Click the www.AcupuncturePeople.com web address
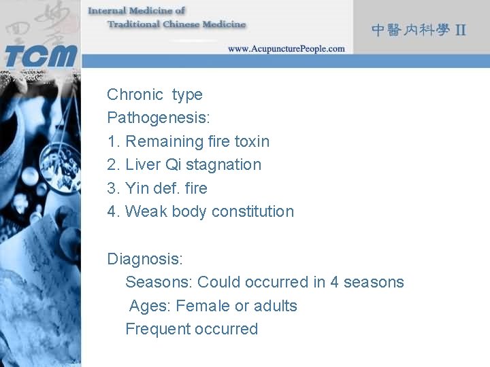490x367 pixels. [286, 49]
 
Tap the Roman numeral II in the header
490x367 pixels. [461, 30]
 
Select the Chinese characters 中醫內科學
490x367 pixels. [410, 30]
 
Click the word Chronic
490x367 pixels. [135, 94]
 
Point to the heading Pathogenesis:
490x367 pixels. [159, 118]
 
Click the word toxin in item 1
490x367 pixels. [252, 141]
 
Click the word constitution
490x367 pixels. [252, 211]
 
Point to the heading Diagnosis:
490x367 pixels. [145, 258]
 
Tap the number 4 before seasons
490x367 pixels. [334, 282]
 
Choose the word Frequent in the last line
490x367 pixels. [157, 329]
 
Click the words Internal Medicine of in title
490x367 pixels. [136, 11]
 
